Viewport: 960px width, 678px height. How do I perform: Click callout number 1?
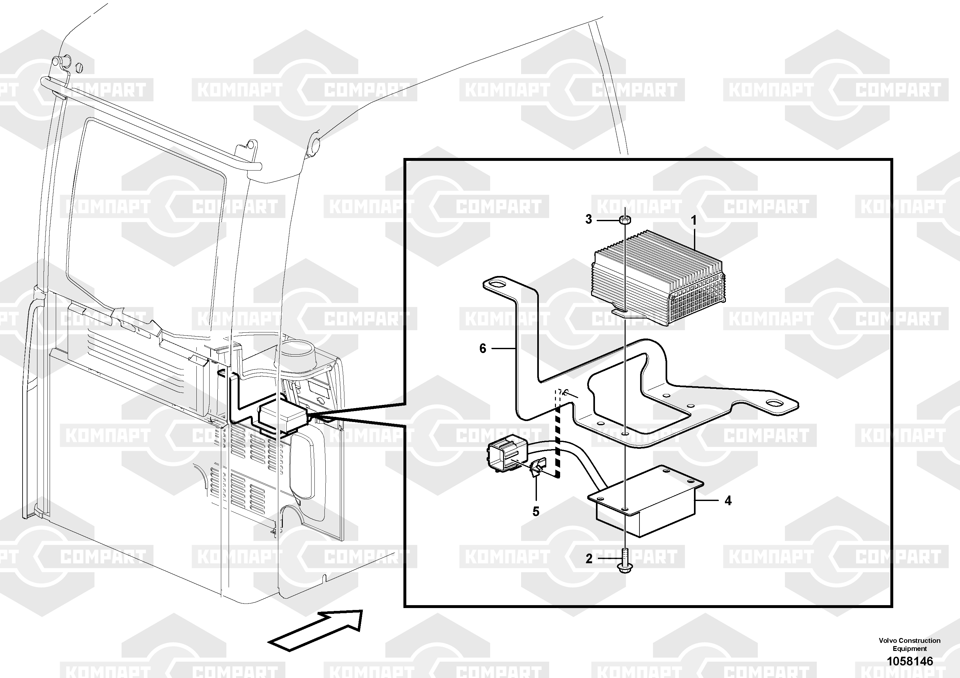coord(694,220)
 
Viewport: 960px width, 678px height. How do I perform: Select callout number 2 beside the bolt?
coord(589,558)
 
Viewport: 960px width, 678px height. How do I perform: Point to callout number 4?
coord(728,500)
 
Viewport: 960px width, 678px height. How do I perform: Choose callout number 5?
coord(536,511)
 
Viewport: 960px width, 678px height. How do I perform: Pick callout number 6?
coord(483,348)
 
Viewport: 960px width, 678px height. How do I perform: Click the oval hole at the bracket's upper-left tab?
coord(497,285)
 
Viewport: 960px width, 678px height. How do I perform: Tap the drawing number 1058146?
coord(910,661)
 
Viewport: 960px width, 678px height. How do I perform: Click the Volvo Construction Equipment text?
coord(910,644)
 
